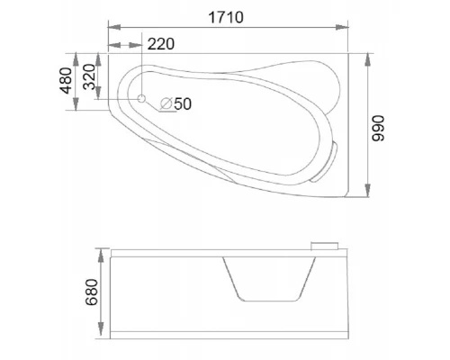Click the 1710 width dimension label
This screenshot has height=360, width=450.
pos(226,17)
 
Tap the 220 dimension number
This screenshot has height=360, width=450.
pos(161,44)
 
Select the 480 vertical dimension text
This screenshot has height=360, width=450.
pos(66,80)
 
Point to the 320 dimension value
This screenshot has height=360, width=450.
pos(89,76)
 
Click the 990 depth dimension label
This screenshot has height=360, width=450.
pos(378,128)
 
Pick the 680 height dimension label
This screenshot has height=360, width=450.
pos(92,292)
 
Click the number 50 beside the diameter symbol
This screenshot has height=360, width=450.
pos(183,104)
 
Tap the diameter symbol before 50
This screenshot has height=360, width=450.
pos(166,103)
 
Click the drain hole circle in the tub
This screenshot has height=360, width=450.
pos(141,98)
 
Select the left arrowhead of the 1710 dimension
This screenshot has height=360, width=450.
pos(114,27)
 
